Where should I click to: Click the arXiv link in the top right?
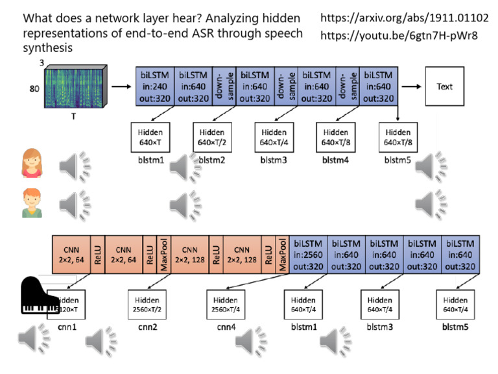pos(405,18)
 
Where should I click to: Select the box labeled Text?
pos(445,86)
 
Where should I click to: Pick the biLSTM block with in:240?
pos(153,86)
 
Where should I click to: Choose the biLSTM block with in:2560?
pos(307,254)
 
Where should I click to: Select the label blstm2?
pos(211,158)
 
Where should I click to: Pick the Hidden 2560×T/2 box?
pos(148,305)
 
